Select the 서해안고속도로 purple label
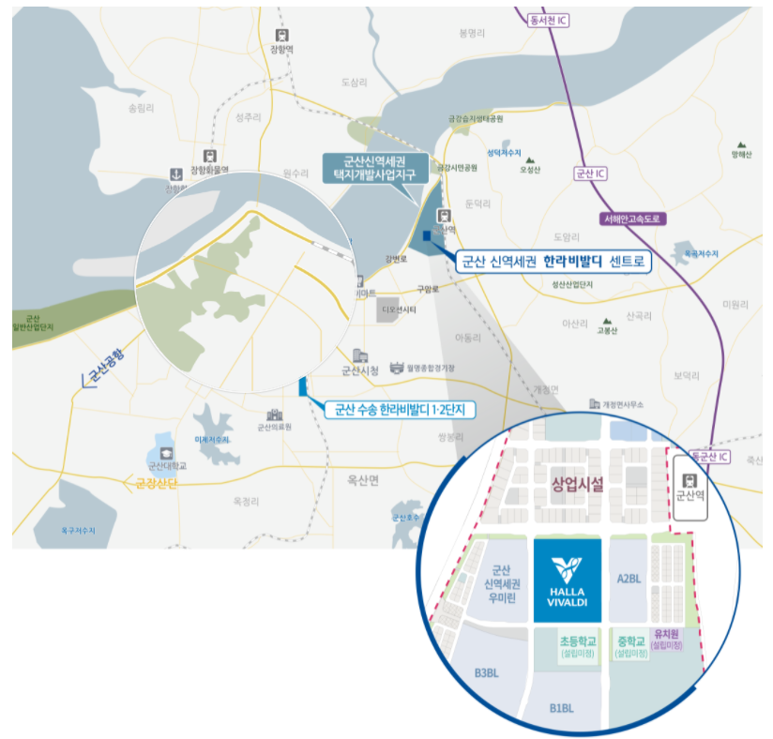pos(632,219)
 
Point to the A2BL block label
pos(629,580)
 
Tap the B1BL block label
pos(563,709)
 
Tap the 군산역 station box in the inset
pos(689,486)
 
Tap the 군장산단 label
pos(150,484)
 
